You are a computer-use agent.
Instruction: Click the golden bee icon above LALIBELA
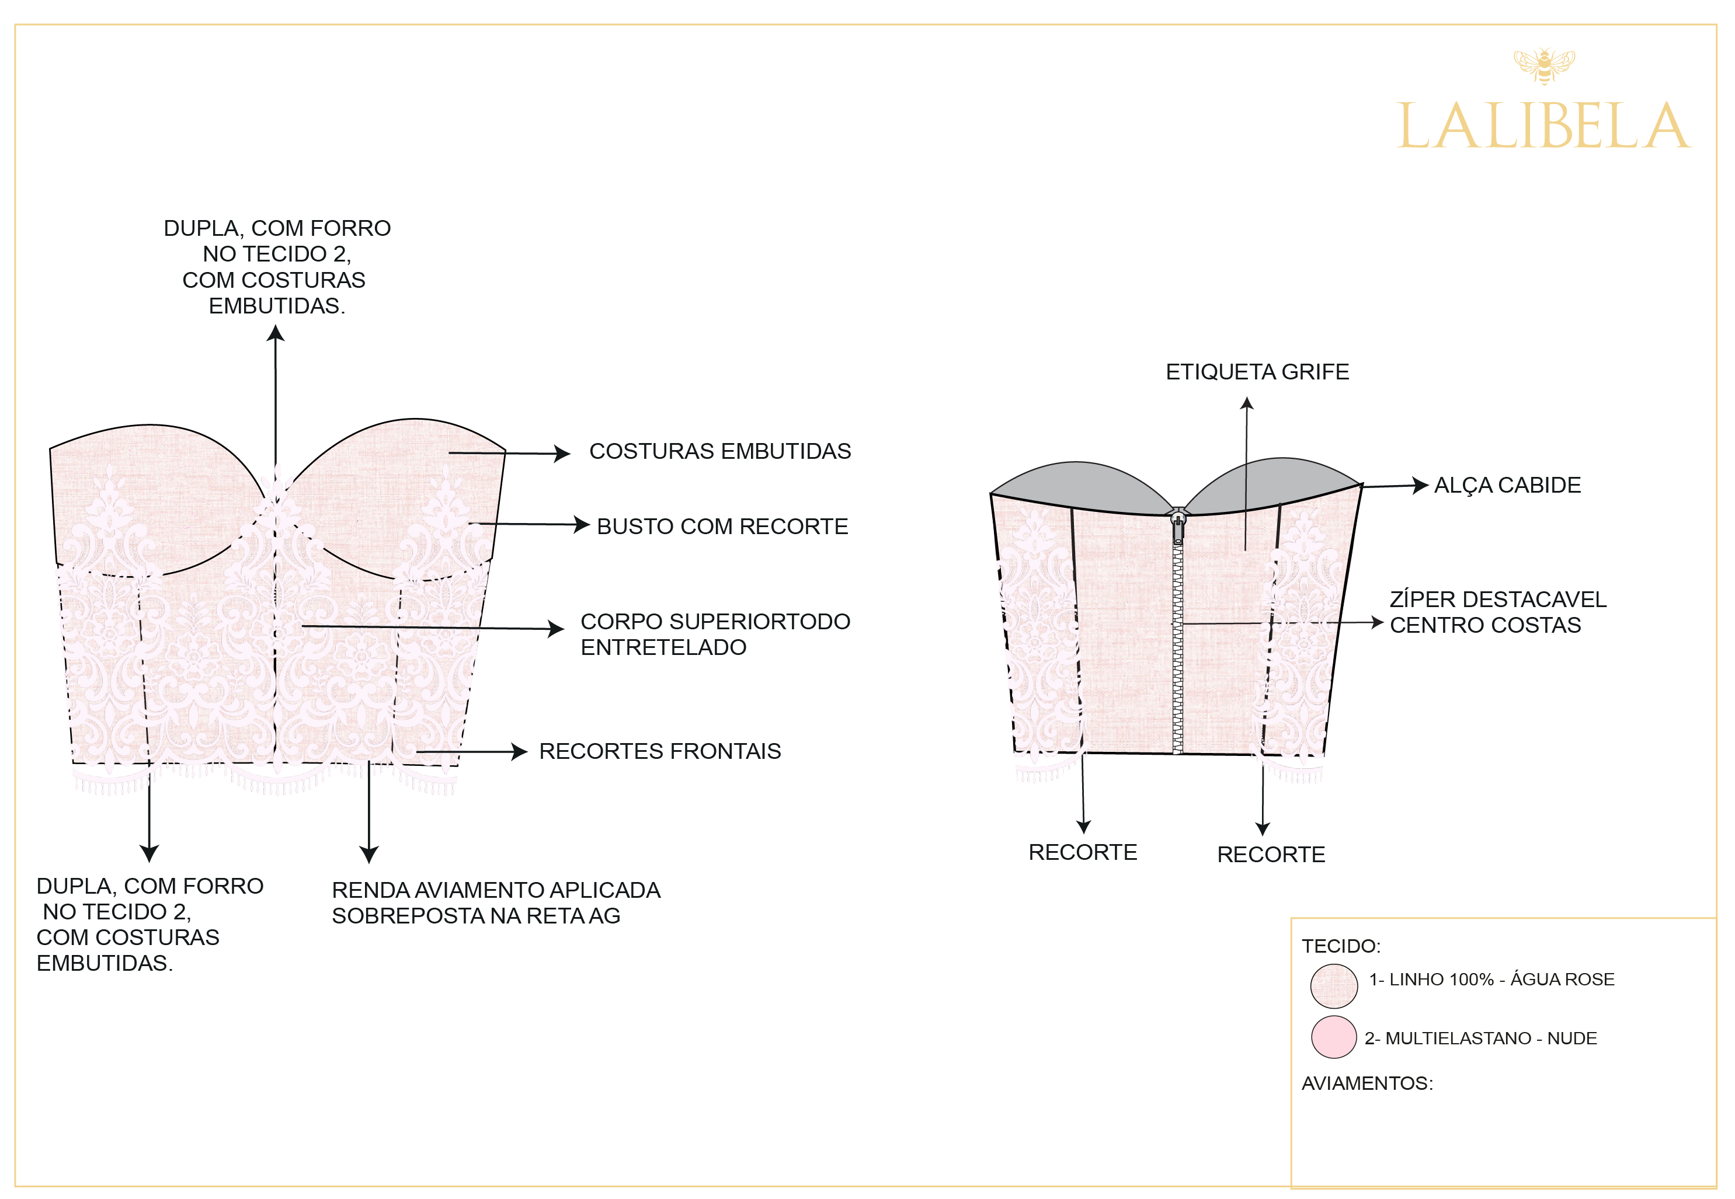(1543, 65)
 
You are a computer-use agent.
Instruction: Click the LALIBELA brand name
(1543, 127)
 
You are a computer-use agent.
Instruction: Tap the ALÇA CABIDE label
(1507, 485)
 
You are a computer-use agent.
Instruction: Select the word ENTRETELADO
(663, 647)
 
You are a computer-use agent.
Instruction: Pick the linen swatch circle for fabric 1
(1333, 986)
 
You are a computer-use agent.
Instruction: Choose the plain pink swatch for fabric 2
(1333, 1037)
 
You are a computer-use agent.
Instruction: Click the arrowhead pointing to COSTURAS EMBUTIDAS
(562, 453)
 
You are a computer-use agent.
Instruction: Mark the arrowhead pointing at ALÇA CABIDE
(1420, 485)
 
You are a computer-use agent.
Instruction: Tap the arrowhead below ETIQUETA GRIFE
(1247, 403)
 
